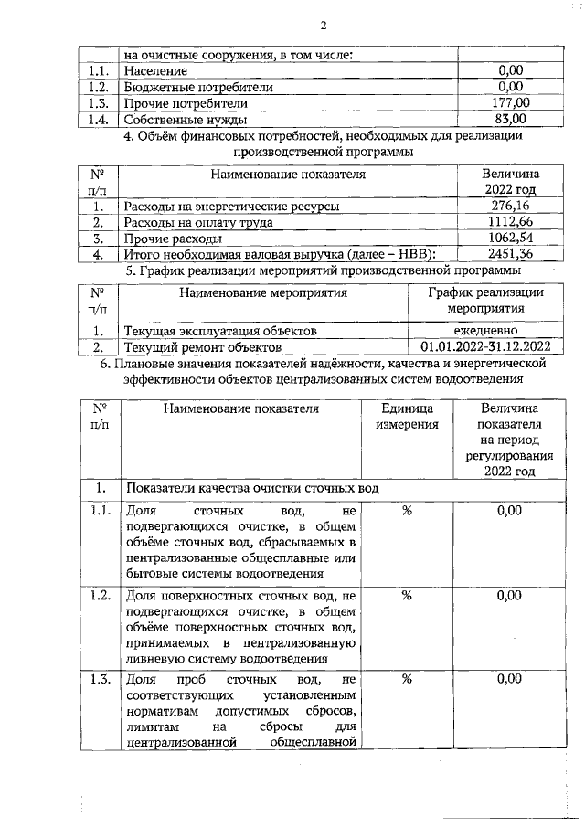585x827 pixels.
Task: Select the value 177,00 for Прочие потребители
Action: click(510, 102)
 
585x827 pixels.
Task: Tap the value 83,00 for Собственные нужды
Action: click(510, 119)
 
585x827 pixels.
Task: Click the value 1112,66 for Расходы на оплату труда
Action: click(510, 222)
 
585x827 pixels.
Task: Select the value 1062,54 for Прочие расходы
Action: click(510, 238)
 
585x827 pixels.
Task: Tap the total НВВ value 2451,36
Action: click(510, 254)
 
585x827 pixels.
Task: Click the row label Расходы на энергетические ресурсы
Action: click(231, 207)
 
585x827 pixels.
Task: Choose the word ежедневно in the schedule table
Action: click(486, 331)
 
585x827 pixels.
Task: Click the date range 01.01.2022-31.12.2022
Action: click(486, 347)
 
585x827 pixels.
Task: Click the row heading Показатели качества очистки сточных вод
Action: click(252, 488)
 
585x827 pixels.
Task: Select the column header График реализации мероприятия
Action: click(486, 301)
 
